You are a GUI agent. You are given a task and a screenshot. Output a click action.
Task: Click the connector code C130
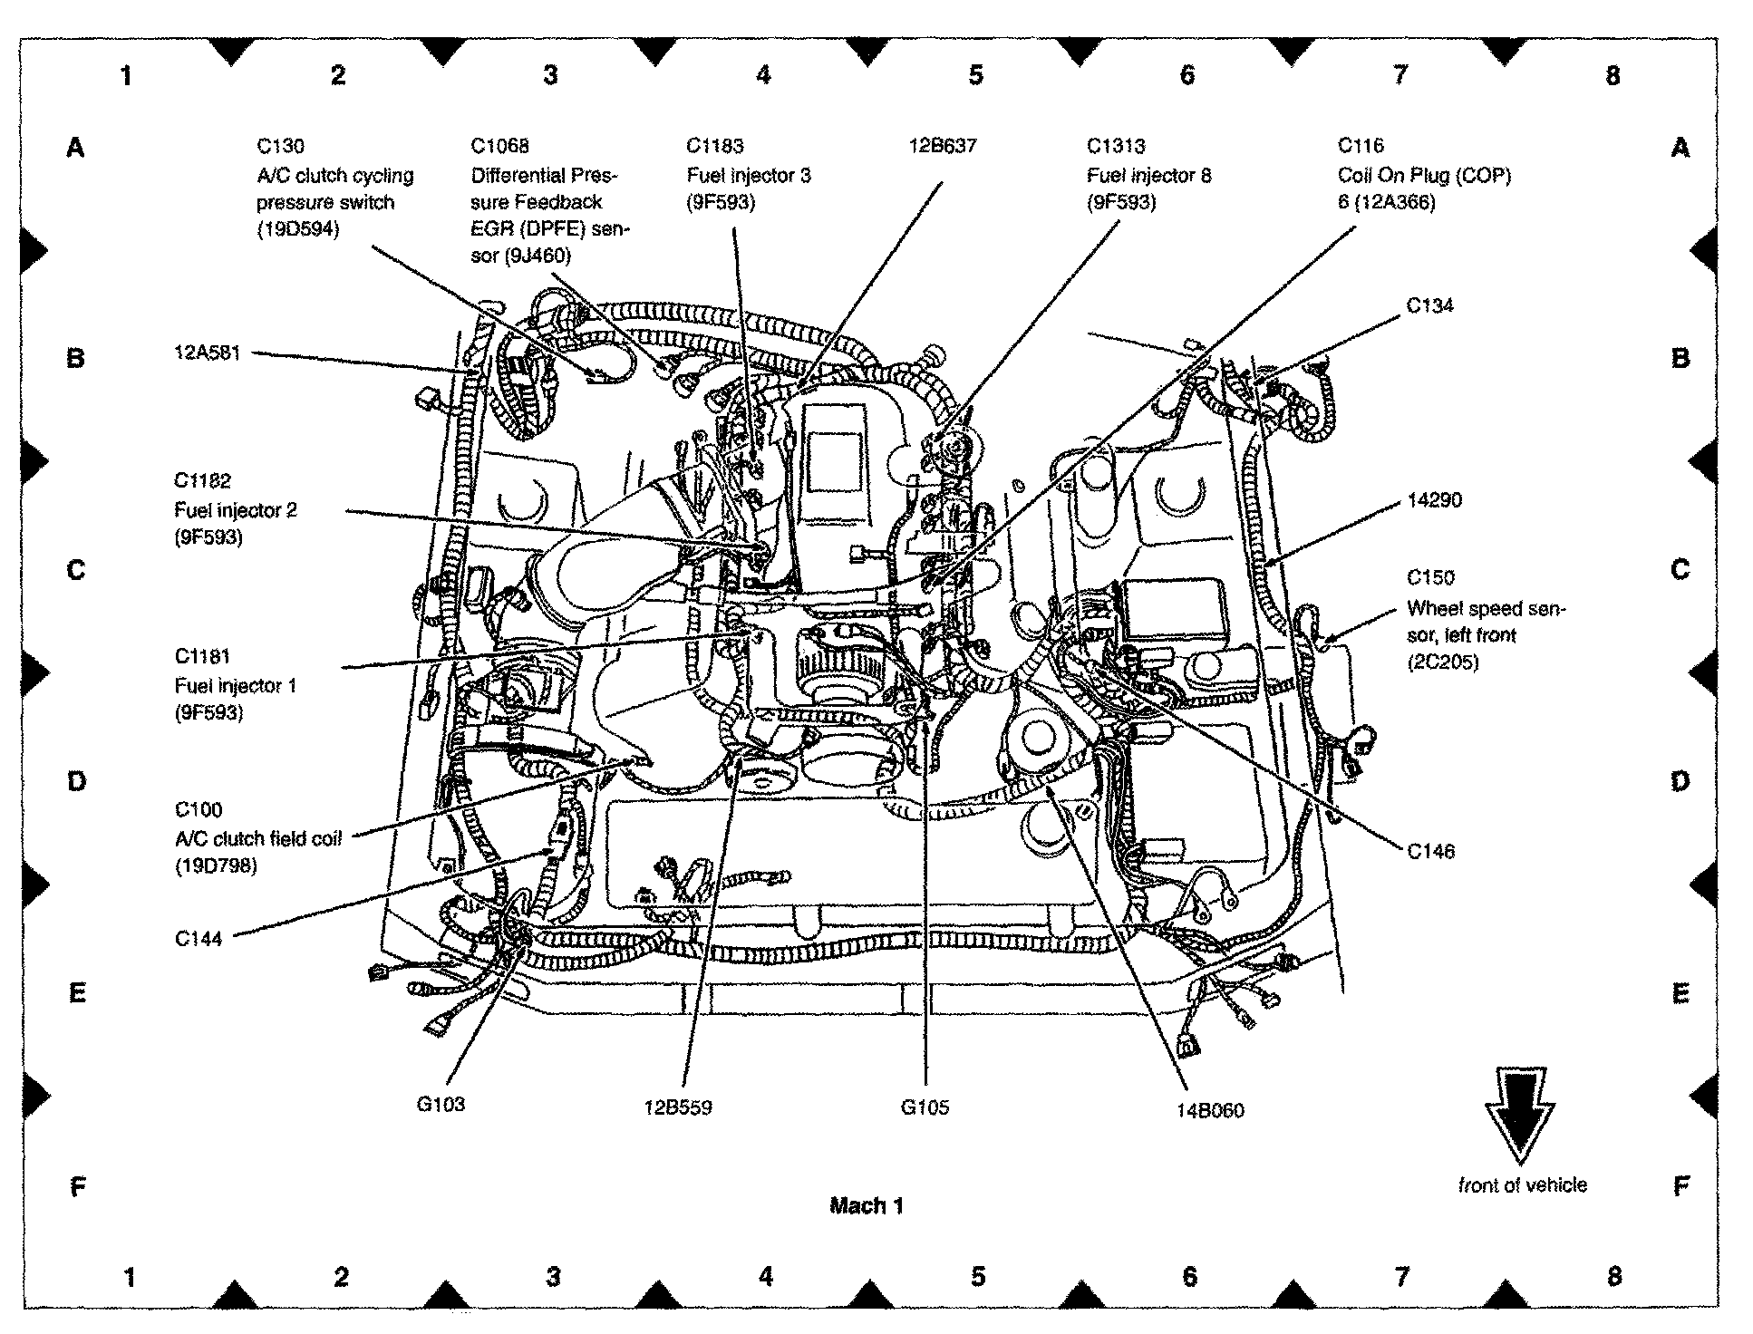point(280,146)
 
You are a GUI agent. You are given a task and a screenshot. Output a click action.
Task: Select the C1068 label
point(499,146)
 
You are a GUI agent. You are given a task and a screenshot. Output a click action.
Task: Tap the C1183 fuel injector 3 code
point(715,146)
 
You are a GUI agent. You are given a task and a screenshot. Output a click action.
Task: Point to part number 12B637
point(944,145)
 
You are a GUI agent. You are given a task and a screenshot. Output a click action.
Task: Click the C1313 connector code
point(1116,146)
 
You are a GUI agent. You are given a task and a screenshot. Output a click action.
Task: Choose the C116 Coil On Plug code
point(1361,145)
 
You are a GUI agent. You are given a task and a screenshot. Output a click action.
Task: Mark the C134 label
point(1429,305)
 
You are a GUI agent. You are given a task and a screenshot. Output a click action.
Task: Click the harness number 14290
point(1434,499)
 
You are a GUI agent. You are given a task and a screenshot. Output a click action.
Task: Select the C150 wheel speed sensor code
point(1430,577)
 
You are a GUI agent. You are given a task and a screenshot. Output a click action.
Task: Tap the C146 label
point(1430,851)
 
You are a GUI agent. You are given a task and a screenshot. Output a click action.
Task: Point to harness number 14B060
point(1210,1110)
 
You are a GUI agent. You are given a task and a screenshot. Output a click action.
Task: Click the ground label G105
point(925,1107)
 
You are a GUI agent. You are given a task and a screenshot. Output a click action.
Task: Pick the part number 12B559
point(678,1107)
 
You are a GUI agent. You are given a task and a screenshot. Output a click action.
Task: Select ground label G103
point(441,1104)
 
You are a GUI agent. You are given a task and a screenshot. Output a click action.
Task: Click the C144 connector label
point(199,939)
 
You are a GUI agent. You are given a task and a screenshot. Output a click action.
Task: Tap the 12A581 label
point(208,353)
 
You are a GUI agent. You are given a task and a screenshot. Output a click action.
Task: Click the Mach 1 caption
point(867,1205)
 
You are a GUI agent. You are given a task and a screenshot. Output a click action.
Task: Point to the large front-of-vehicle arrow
point(1520,1116)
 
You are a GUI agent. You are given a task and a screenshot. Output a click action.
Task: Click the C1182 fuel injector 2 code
point(203,480)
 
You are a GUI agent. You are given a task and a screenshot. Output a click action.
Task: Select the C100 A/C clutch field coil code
point(199,809)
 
